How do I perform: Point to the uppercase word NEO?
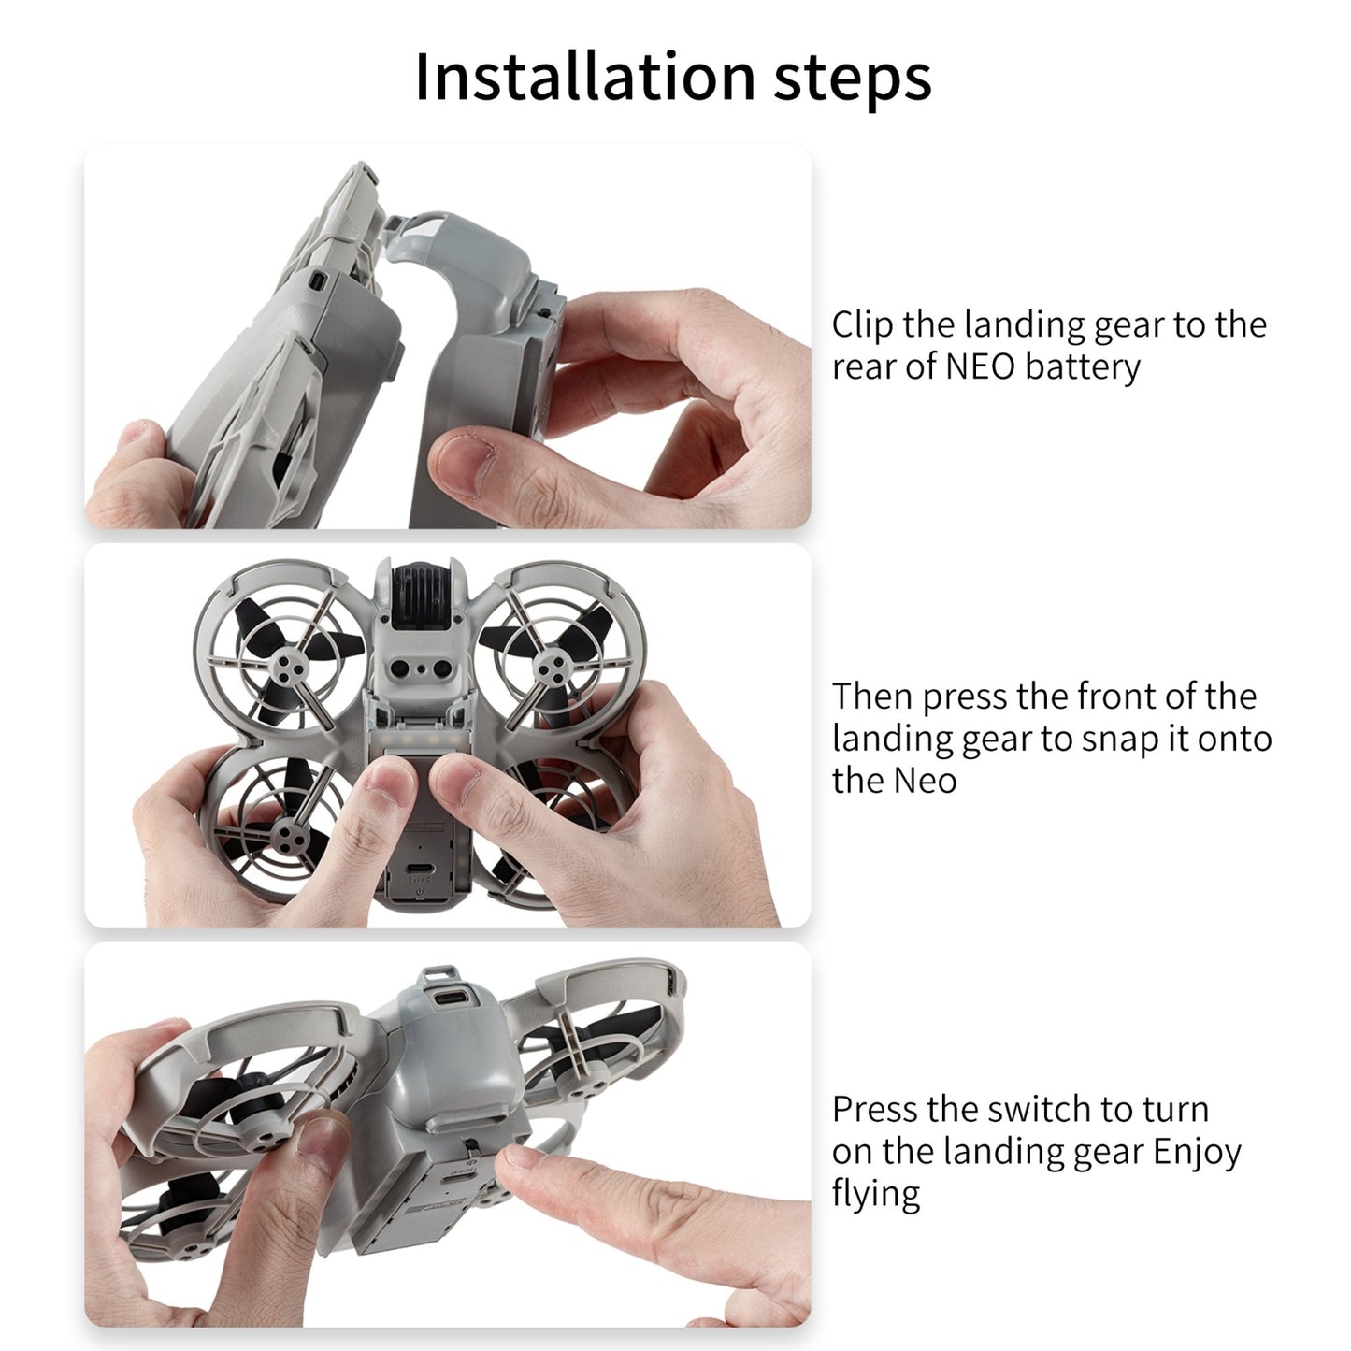[979, 366]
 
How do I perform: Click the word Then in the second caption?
[871, 697]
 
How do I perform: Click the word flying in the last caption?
[875, 1194]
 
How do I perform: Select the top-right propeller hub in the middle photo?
[551, 666]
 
